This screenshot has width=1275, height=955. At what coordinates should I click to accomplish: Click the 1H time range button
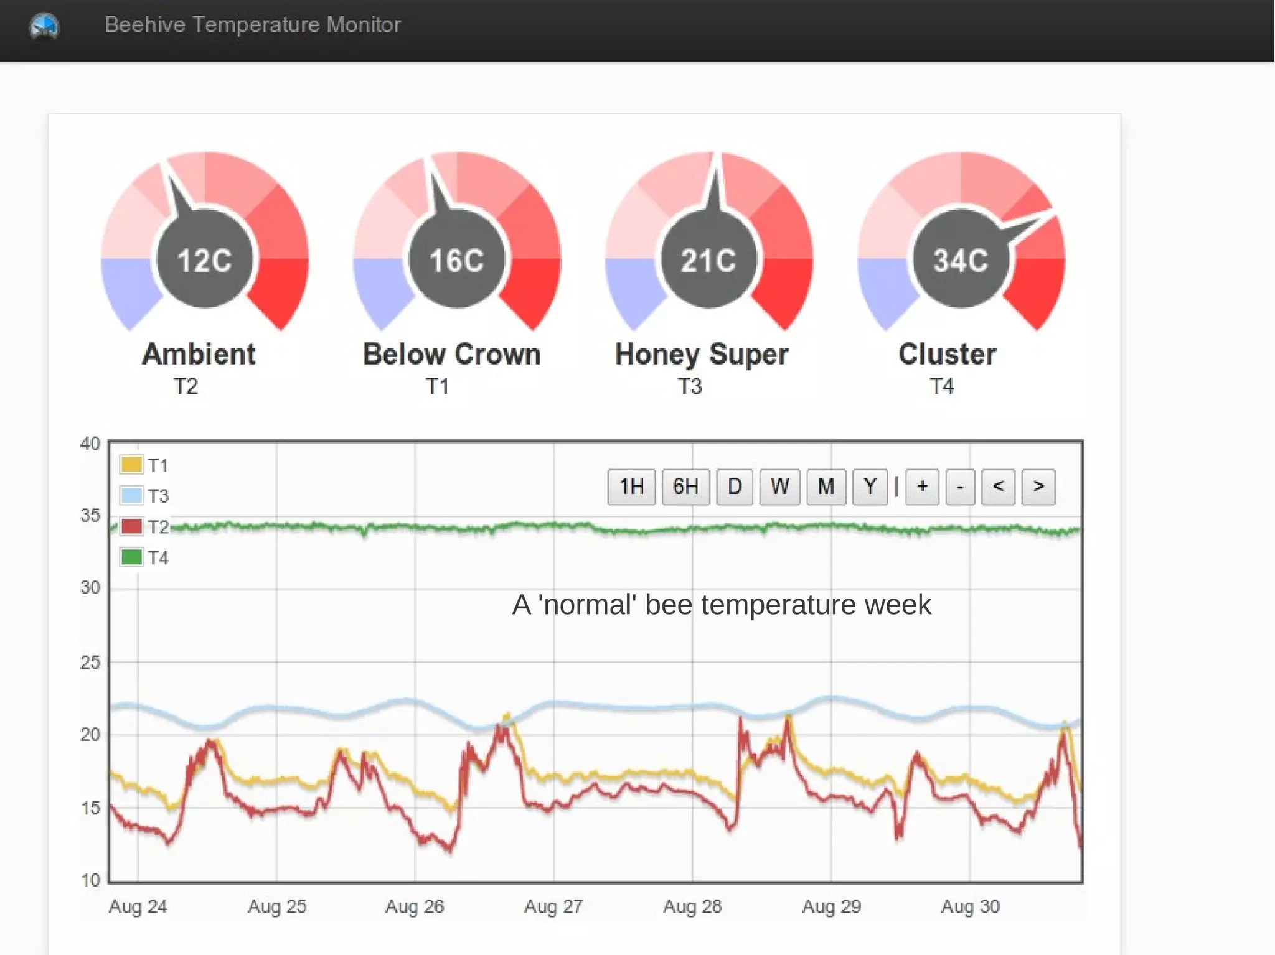pos(631,487)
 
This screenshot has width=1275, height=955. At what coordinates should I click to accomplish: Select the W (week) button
pos(779,487)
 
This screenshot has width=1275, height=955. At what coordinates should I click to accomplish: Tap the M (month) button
pos(826,487)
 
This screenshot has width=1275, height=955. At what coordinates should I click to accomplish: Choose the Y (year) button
pos(870,487)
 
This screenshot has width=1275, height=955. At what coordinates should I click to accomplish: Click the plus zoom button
pos(922,487)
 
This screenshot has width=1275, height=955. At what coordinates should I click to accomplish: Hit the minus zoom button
pos(960,487)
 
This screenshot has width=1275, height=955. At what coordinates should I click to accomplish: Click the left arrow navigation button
pos(998,487)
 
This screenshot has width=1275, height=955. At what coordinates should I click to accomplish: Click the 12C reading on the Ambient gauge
pos(204,260)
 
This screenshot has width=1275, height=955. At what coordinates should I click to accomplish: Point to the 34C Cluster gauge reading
pos(960,260)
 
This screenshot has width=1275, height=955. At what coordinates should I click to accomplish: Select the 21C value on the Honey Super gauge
pos(708,260)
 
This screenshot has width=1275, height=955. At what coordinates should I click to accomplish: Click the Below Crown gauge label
pos(451,355)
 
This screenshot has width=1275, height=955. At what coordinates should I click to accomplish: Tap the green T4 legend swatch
pos(131,557)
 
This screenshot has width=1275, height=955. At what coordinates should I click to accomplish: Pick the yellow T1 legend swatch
pos(131,465)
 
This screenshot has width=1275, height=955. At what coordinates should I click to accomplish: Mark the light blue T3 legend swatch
pos(131,496)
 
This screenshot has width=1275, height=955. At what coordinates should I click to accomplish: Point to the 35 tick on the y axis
pos(90,516)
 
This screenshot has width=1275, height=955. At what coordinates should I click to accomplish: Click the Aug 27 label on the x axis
pos(553,906)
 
